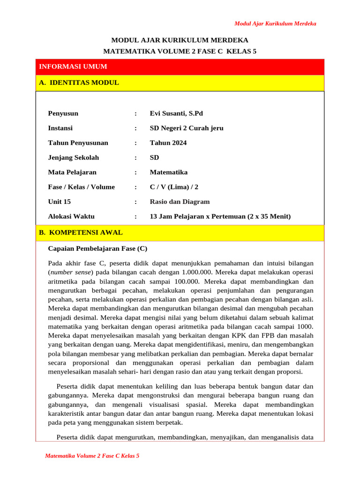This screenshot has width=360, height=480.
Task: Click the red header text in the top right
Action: tap(275, 23)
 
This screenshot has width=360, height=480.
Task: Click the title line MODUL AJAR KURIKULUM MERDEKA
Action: tap(180, 40)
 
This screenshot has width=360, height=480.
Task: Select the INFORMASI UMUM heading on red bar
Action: tap(73, 67)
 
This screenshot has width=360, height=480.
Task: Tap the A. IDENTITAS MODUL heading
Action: tap(79, 83)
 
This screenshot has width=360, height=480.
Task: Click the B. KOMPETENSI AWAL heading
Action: tap(81, 232)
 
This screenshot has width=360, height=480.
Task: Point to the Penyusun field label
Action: tap(63, 113)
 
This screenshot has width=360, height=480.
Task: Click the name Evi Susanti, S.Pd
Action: tap(176, 113)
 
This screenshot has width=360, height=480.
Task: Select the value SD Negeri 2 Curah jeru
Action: tap(187, 128)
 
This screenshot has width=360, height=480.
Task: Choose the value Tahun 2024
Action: tap(168, 143)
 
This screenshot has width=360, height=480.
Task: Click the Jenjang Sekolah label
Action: tap(73, 157)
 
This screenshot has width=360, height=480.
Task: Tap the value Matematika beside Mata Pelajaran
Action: tap(168, 172)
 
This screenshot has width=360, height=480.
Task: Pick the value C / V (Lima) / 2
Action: tap(174, 187)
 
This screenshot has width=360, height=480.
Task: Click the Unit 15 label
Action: tap(58, 202)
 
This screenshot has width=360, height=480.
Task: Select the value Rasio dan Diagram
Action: tap(180, 202)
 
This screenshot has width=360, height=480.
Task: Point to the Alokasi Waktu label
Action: tap(71, 217)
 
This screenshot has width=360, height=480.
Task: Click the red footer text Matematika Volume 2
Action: tap(92, 456)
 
